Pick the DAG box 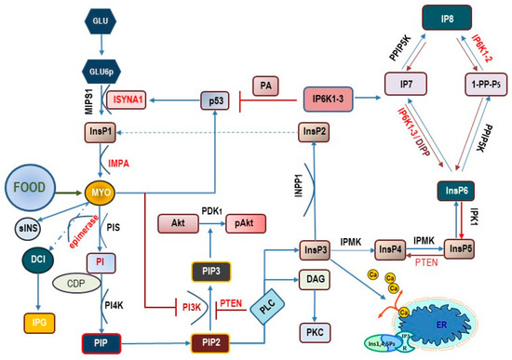(x=314, y=278)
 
